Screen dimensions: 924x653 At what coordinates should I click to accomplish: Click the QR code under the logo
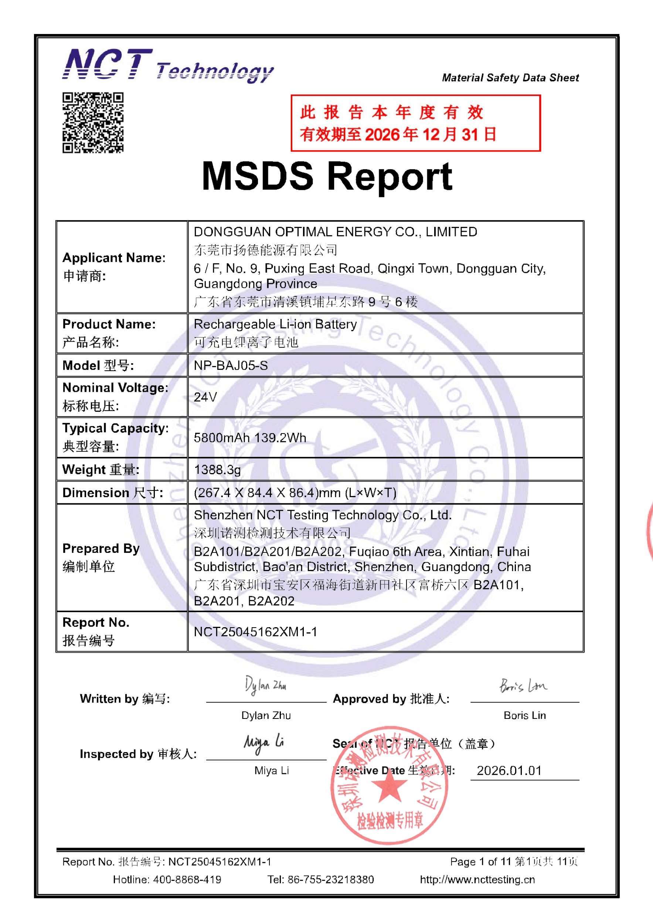(x=93, y=123)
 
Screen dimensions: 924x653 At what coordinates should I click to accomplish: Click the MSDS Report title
(x=327, y=176)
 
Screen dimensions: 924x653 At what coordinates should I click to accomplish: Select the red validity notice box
(x=415, y=123)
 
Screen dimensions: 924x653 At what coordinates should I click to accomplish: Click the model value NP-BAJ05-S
(x=231, y=366)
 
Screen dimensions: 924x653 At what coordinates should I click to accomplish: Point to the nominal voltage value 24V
(x=205, y=397)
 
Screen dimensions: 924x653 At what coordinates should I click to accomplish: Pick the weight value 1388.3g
(x=217, y=469)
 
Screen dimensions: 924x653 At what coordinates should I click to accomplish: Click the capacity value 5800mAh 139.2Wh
(x=250, y=438)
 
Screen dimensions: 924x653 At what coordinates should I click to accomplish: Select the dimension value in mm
(x=295, y=493)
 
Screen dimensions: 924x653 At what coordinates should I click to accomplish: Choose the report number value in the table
(x=255, y=632)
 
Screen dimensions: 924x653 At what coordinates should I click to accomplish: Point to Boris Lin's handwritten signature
(x=523, y=685)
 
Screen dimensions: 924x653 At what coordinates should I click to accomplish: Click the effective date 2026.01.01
(x=509, y=770)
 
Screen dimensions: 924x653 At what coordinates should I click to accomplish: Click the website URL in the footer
(x=477, y=879)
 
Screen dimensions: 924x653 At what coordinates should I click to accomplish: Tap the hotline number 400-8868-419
(x=187, y=879)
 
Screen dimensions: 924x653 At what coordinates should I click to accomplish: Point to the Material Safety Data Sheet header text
(x=510, y=78)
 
